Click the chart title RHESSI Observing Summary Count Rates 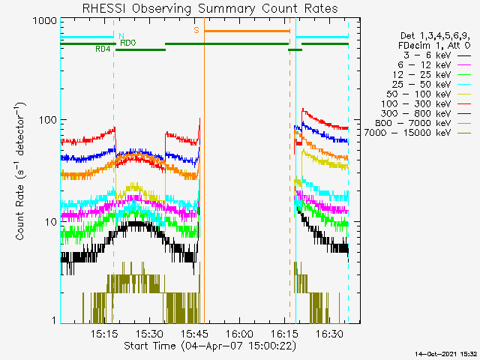click(x=210, y=8)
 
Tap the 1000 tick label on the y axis click(x=45, y=21)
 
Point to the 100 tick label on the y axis click(x=48, y=120)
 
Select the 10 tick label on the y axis click(x=51, y=222)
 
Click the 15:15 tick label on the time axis click(x=104, y=334)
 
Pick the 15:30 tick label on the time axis click(x=150, y=334)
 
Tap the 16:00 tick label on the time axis click(x=240, y=334)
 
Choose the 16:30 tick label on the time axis click(x=330, y=334)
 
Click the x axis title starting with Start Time click(x=210, y=346)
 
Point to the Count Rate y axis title click(x=20, y=171)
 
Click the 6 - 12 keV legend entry click(x=433, y=65)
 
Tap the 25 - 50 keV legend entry click(x=431, y=84)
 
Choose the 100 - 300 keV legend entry click(x=425, y=103)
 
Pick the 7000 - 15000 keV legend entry click(x=417, y=133)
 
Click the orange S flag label click(x=196, y=30)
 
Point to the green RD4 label click(x=103, y=49)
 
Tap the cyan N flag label click(x=121, y=37)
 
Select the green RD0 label click(x=128, y=43)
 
